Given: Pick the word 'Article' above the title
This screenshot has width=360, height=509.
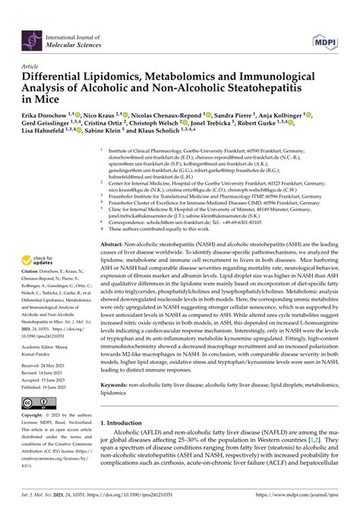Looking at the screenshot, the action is tap(31, 66).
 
